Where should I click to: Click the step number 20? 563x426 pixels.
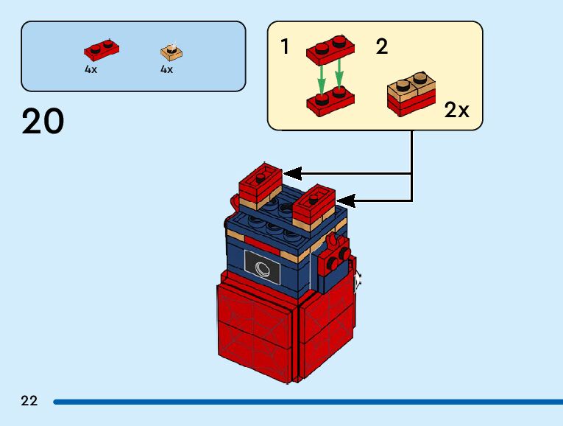pyautogui.click(x=43, y=122)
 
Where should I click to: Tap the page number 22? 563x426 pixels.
pyautogui.click(x=29, y=401)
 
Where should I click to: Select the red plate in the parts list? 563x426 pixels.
pyautogui.click(x=102, y=51)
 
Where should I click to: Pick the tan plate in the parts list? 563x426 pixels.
pyautogui.click(x=171, y=52)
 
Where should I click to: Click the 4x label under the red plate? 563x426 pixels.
pyautogui.click(x=91, y=69)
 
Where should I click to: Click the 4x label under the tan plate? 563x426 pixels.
pyautogui.click(x=166, y=69)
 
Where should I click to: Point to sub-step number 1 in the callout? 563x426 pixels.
pyautogui.click(x=285, y=48)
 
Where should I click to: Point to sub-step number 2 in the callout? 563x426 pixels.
pyautogui.click(x=381, y=48)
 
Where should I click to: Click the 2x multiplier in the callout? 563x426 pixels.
pyautogui.click(x=456, y=111)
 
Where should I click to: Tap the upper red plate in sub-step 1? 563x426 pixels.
pyautogui.click(x=330, y=49)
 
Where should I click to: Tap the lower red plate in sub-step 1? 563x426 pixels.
pyautogui.click(x=330, y=101)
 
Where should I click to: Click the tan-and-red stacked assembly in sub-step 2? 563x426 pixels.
pyautogui.click(x=411, y=94)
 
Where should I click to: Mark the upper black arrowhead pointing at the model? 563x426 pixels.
pyautogui.click(x=292, y=173)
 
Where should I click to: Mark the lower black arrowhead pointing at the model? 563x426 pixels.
pyautogui.click(x=344, y=200)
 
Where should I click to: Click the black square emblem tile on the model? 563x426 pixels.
pyautogui.click(x=263, y=267)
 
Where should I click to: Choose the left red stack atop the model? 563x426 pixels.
pyautogui.click(x=259, y=184)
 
